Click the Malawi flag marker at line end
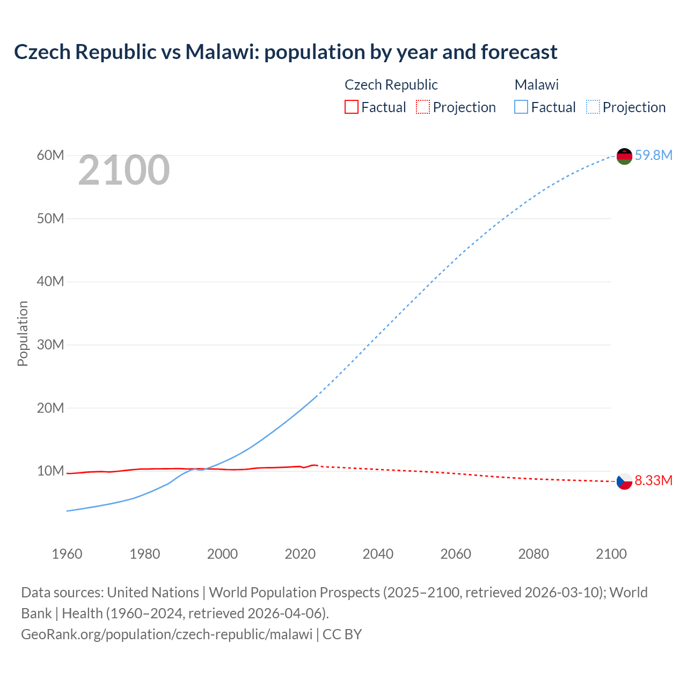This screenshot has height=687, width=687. [624, 156]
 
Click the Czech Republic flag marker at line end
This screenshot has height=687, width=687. [624, 481]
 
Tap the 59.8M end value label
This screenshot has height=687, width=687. [653, 156]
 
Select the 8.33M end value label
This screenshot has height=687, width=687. [653, 480]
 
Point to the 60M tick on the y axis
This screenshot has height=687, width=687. [50, 156]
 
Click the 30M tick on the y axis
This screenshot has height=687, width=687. [50, 345]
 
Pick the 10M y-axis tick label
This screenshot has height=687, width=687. [50, 471]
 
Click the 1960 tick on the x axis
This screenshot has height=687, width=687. [67, 554]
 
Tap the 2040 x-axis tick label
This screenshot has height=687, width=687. [378, 554]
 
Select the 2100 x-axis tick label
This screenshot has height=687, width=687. [611, 554]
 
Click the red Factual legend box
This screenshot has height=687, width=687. [351, 107]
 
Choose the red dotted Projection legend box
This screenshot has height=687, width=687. [423, 107]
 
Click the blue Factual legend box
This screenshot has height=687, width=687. [521, 107]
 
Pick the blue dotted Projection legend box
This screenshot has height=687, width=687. [593, 107]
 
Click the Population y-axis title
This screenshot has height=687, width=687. [23, 333]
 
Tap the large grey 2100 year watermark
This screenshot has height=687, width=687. [124, 171]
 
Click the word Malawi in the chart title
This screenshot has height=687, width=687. [220, 52]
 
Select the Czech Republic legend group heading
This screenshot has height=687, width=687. [391, 85]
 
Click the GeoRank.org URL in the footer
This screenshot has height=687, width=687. [166, 634]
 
